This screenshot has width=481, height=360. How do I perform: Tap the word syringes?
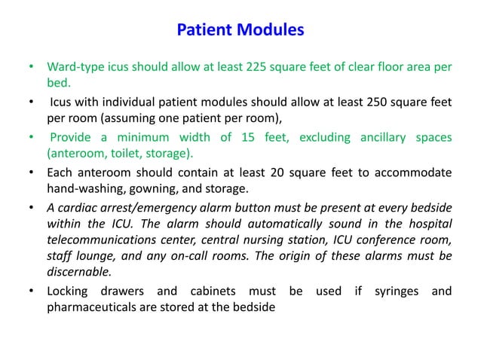coord(399,291)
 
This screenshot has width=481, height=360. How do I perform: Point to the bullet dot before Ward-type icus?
coord(31,67)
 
